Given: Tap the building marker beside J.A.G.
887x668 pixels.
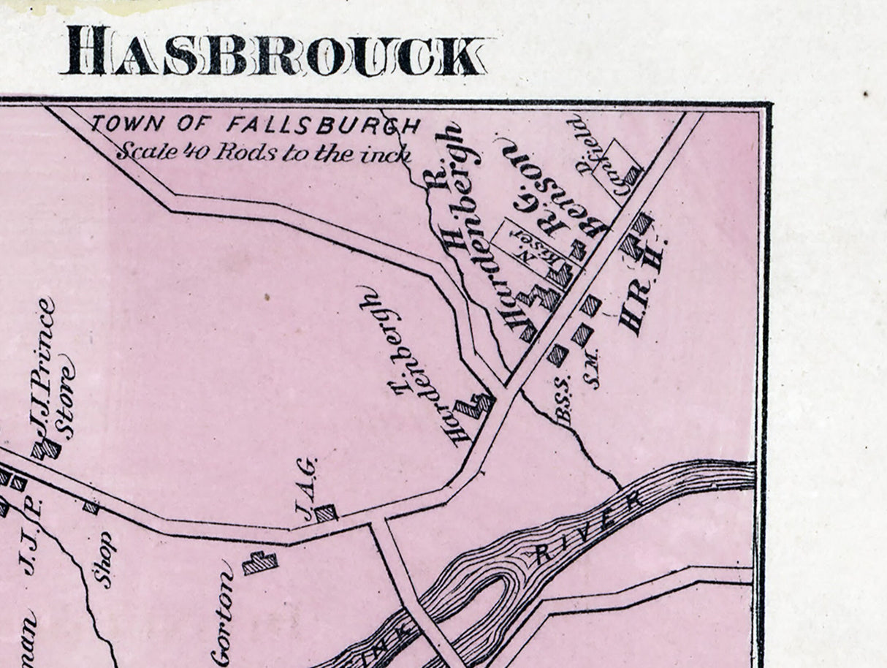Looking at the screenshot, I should [x=326, y=513].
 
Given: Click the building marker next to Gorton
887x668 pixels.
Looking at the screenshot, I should [x=260, y=563].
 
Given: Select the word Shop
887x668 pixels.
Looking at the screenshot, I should [x=104, y=559].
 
